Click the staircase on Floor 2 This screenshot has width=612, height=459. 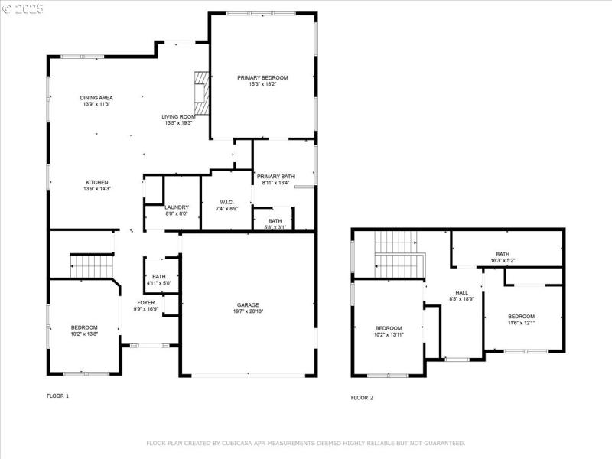pos(399,257)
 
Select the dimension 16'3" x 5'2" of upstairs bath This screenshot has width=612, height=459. pos(503,261)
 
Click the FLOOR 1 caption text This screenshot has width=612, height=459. pos(58,396)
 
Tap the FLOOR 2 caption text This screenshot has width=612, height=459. pos(363,398)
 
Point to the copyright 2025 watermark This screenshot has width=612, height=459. pos(23,8)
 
